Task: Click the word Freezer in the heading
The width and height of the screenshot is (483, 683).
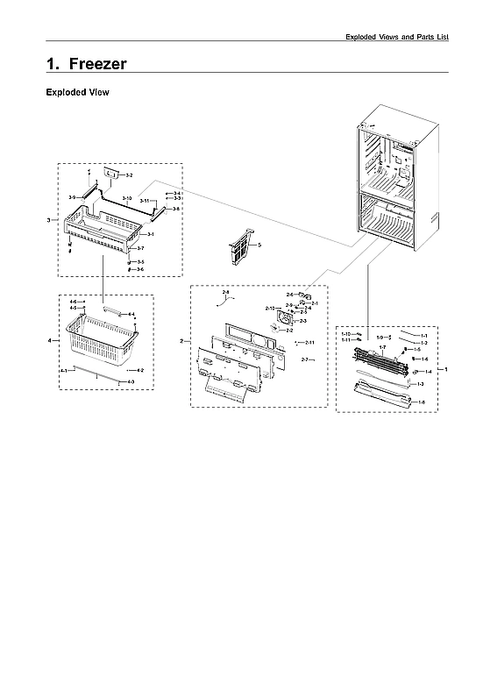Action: tap(97, 64)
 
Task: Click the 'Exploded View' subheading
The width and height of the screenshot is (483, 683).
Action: tap(77, 92)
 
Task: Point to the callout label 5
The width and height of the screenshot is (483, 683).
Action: tap(259, 243)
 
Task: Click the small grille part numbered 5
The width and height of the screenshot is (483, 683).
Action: tap(239, 247)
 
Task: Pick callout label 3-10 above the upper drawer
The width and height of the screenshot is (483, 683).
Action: tap(127, 199)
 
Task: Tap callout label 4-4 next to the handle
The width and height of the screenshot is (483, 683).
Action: tap(131, 314)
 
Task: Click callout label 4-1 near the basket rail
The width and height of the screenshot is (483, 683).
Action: tap(63, 372)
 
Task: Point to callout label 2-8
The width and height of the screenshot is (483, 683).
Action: tap(225, 291)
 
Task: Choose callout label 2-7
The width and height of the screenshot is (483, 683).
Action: tap(306, 360)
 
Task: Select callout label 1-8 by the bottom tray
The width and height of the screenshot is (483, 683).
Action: tap(422, 402)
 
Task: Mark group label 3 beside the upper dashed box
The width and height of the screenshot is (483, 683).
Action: tap(49, 219)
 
